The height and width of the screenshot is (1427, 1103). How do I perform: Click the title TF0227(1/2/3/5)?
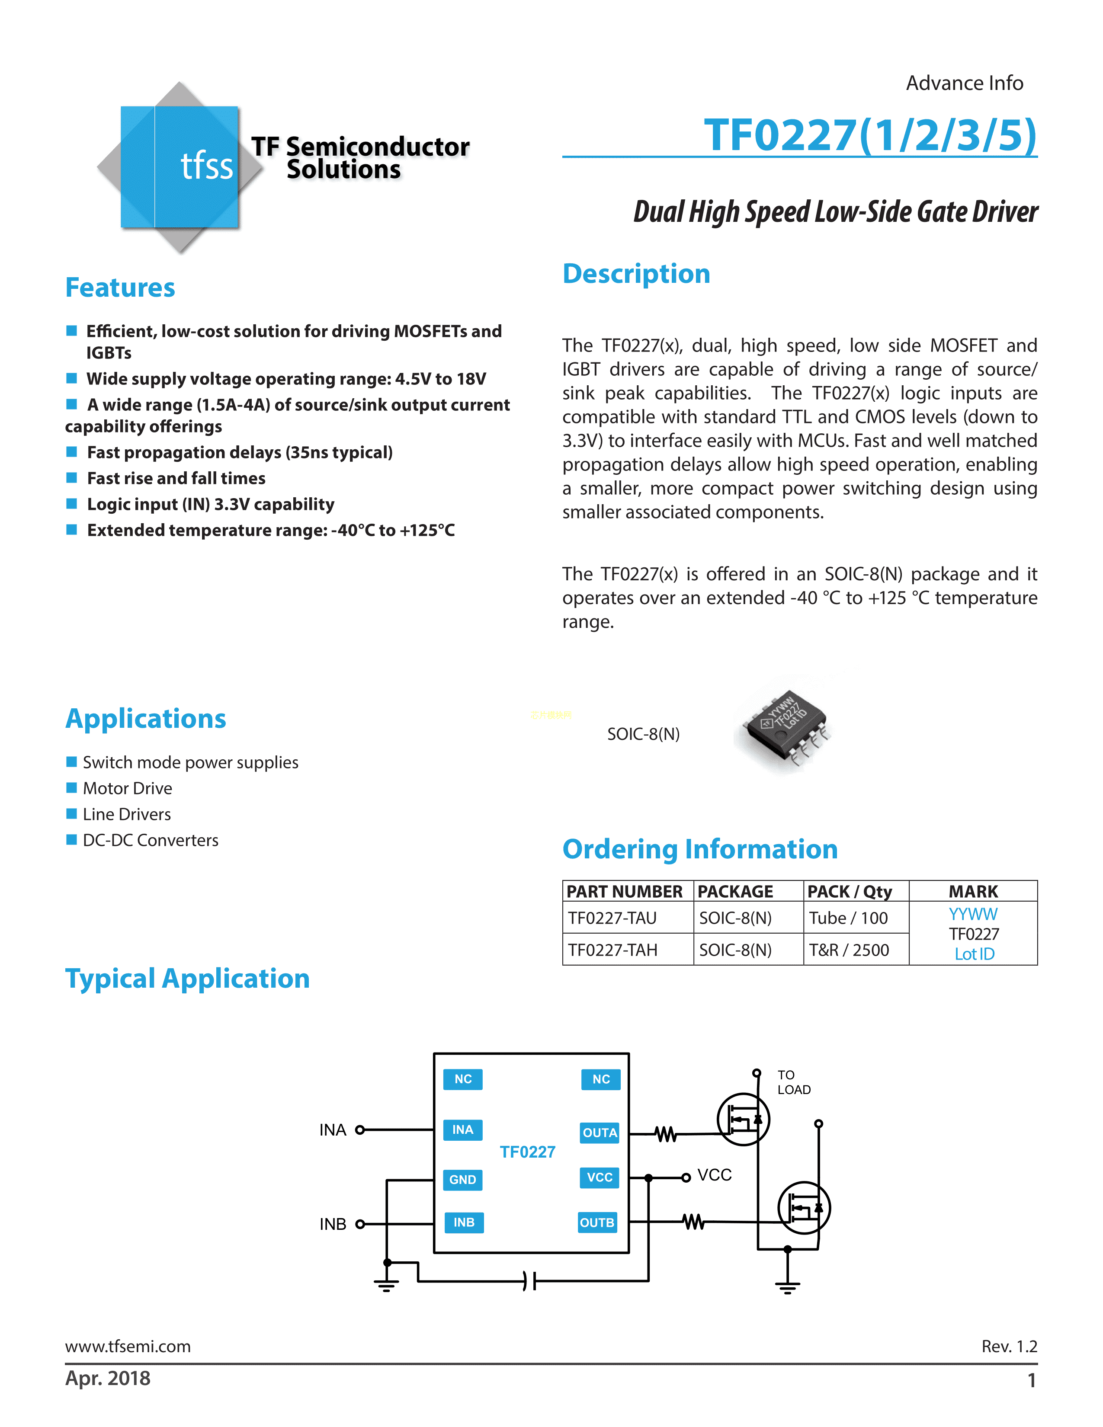coord(870,135)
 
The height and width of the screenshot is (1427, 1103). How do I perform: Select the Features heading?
coord(120,288)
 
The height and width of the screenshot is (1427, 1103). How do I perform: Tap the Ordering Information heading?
coord(700,849)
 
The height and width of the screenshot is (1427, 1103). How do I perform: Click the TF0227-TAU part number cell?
coord(612,918)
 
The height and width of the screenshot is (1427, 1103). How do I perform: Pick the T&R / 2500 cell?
coord(849,950)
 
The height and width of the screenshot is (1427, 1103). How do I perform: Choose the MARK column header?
coord(973,891)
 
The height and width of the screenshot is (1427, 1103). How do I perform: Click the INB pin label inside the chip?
coord(464,1222)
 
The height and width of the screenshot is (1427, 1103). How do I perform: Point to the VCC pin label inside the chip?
coord(599,1177)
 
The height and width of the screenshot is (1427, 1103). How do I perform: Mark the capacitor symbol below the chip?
coord(529,1281)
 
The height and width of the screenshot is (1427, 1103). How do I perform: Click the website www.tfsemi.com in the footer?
coord(128,1346)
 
